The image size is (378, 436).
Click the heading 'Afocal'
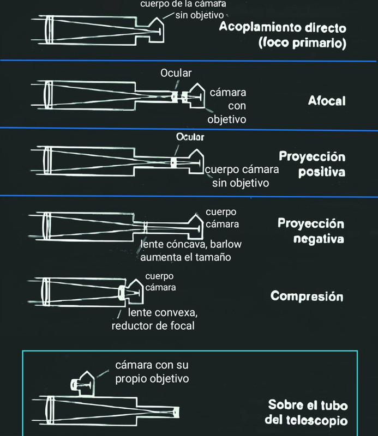pos(326,101)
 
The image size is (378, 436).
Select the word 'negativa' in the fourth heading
pos(311,238)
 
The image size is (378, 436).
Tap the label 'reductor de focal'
pos(153,326)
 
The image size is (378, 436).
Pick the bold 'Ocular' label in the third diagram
pos(190,137)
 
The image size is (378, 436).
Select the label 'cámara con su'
pos(151,365)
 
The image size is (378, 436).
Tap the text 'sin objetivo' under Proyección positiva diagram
pos(241,183)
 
